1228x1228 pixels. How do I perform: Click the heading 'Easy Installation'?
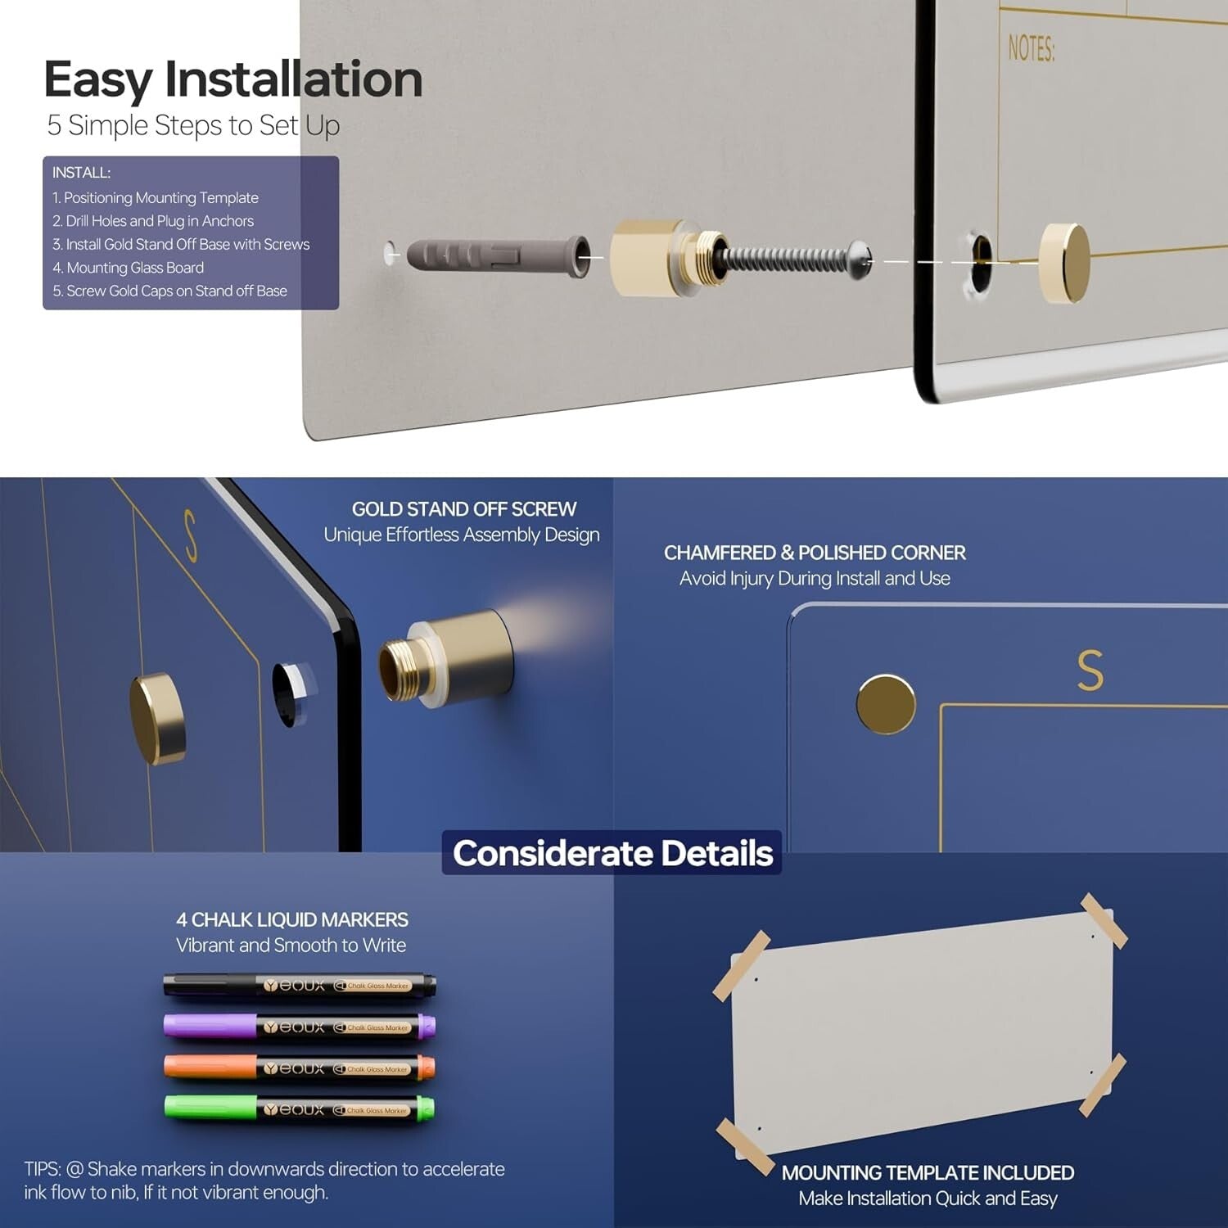pyautogui.click(x=233, y=79)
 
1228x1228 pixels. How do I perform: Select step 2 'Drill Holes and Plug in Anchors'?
pyautogui.click(x=153, y=221)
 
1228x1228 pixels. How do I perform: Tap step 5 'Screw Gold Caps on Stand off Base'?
pyautogui.click(x=170, y=291)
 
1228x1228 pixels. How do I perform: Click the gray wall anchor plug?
pyautogui.click(x=499, y=257)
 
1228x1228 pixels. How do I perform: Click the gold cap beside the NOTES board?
pyautogui.click(x=1064, y=263)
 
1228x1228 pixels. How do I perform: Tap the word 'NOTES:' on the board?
pyautogui.click(x=1032, y=48)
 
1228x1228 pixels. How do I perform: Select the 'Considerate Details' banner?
pyautogui.click(x=612, y=853)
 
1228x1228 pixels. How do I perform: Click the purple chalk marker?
pyautogui.click(x=300, y=1027)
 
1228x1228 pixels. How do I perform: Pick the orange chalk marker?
pyautogui.click(x=300, y=1068)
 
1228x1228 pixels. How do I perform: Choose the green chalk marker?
pyautogui.click(x=300, y=1109)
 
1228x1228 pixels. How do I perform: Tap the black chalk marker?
pyautogui.click(x=300, y=985)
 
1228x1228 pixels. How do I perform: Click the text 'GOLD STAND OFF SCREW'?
pyautogui.click(x=464, y=509)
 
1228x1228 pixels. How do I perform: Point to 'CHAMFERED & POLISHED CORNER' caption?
pyautogui.click(x=815, y=553)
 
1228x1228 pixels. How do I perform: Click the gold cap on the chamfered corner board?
pyautogui.click(x=886, y=704)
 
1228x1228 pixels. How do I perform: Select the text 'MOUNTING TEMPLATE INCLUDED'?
pyautogui.click(x=928, y=1172)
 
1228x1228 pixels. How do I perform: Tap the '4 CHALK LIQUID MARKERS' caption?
pyautogui.click(x=292, y=919)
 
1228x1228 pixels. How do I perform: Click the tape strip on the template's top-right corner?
pyautogui.click(x=1104, y=921)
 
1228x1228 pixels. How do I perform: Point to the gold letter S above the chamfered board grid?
pyautogui.click(x=1090, y=670)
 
